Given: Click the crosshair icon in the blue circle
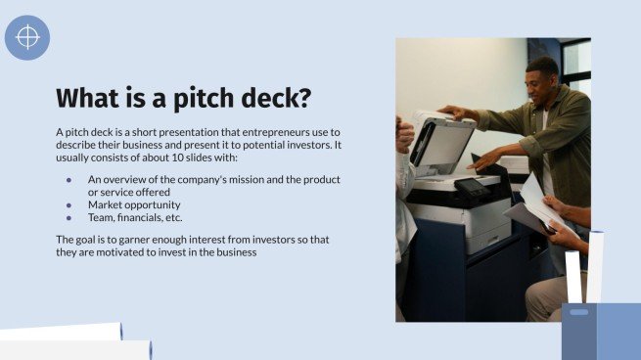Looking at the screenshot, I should (27, 38).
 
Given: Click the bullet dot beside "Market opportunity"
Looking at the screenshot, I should (69, 204).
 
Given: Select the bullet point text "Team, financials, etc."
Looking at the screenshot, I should (135, 217).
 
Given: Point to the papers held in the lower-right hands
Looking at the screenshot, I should (537, 204).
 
